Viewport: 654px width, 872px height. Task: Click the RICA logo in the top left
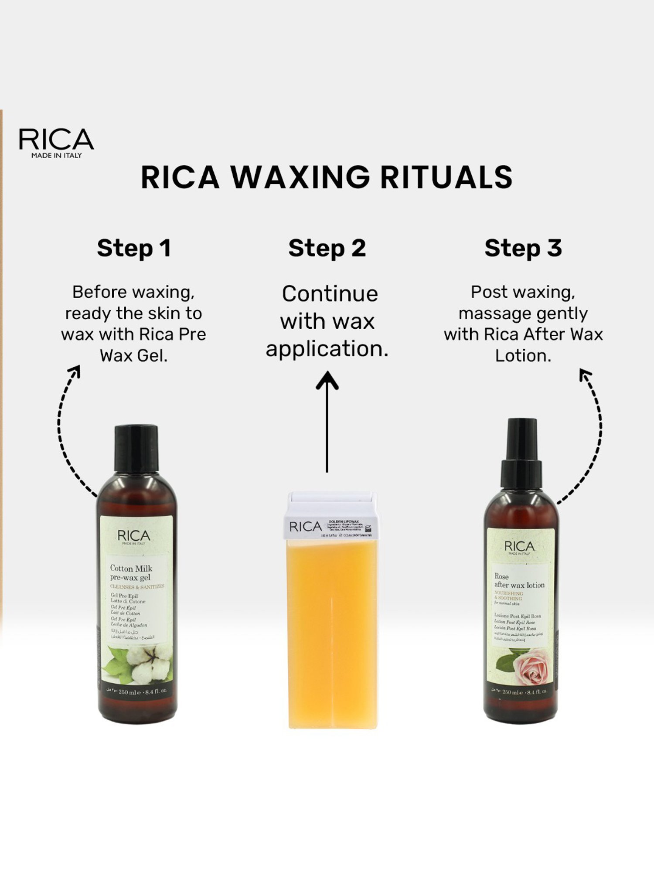tap(56, 140)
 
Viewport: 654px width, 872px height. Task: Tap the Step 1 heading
tap(134, 248)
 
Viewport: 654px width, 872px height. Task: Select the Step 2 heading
tap(327, 248)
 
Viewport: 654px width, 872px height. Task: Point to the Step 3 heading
tap(523, 248)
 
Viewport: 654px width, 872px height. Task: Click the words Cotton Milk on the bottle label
tap(131, 568)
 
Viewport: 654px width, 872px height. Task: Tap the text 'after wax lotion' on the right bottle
tap(519, 585)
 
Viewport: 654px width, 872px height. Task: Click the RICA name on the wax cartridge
tap(305, 527)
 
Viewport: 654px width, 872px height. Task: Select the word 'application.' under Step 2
tap(327, 349)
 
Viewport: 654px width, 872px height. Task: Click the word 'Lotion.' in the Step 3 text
tap(523, 356)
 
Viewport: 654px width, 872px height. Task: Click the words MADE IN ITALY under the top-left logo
tap(56, 156)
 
